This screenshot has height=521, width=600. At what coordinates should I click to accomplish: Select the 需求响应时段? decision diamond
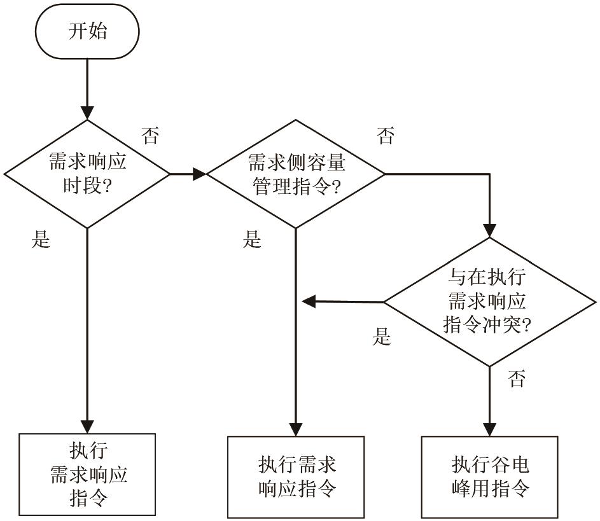[87, 173]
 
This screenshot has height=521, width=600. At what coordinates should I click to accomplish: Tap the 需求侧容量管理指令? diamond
[296, 173]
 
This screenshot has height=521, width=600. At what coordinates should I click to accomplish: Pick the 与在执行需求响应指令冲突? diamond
[489, 302]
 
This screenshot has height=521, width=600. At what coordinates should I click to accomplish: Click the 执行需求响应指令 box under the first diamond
[87, 474]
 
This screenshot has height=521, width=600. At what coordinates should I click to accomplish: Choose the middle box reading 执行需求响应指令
[296, 476]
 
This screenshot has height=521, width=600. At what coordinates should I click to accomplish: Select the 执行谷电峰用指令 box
[489, 476]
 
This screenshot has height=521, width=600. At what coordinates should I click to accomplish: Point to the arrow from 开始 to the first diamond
[87, 89]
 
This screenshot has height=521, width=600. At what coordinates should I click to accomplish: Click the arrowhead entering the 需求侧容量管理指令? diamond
[200, 173]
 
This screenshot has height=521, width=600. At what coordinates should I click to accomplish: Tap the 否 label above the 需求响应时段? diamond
[151, 135]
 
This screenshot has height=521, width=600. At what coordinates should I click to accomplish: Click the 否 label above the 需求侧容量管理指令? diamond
[385, 135]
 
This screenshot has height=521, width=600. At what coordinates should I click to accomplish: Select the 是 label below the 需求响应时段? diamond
[41, 240]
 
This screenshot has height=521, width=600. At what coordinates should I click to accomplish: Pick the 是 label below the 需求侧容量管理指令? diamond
[253, 240]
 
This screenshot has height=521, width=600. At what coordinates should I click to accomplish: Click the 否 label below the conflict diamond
[517, 380]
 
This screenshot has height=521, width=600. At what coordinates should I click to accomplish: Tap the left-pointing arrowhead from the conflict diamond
[309, 301]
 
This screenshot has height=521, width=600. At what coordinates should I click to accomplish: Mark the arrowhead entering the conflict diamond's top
[489, 231]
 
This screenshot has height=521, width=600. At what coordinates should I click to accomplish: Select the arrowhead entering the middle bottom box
[296, 429]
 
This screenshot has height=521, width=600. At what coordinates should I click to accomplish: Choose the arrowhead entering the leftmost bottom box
[87, 426]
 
